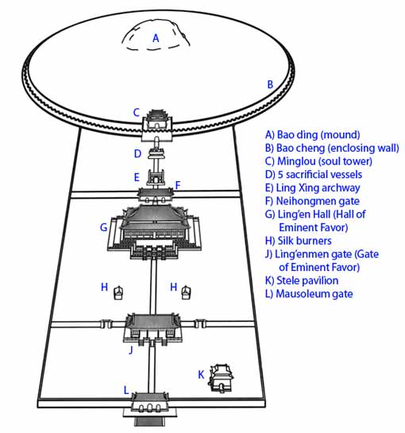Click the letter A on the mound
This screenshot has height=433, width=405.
[x=156, y=38]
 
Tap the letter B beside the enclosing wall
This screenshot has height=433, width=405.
[x=270, y=84]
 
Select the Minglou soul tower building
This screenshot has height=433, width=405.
[x=157, y=122]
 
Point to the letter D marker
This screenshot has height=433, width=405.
[x=137, y=153]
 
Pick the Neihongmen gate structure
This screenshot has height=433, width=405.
[x=156, y=195]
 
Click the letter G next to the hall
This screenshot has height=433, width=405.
[x=103, y=227]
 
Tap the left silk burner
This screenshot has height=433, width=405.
[x=118, y=292]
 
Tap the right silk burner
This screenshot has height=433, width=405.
[x=186, y=292]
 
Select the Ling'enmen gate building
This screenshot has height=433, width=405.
[x=152, y=329]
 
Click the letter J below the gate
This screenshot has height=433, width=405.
[x=131, y=350]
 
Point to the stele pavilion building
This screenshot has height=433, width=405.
[x=221, y=378]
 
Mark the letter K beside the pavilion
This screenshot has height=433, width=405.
[x=201, y=375]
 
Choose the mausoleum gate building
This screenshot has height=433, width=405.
[x=149, y=404]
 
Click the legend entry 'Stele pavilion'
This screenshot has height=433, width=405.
[x=307, y=280]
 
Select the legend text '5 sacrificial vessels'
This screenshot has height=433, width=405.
[x=320, y=175]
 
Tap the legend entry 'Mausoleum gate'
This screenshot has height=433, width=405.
[x=314, y=294]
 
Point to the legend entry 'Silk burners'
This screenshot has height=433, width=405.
[x=304, y=241]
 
